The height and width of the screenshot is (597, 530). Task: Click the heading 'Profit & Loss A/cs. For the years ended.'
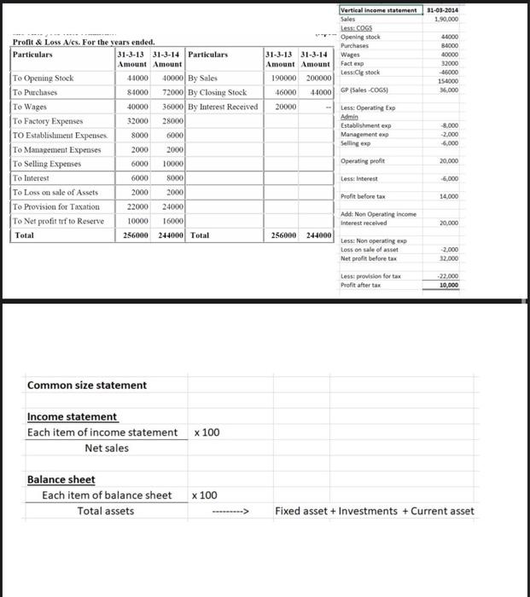pyautogui.click(x=83, y=42)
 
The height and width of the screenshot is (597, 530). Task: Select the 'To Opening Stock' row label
pyautogui.click(x=44, y=78)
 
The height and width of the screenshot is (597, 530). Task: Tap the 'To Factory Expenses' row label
pyautogui.click(x=48, y=121)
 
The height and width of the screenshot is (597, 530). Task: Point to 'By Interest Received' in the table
pyautogui.click(x=222, y=107)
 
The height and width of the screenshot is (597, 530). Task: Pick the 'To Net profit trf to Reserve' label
pyautogui.click(x=56, y=221)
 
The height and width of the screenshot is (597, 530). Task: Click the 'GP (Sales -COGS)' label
pyautogui.click(x=368, y=90)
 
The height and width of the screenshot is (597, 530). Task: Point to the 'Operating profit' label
pyautogui.click(x=363, y=160)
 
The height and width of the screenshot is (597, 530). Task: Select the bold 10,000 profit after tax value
pyautogui.click(x=447, y=262)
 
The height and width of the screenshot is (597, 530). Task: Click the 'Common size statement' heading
pyautogui.click(x=87, y=385)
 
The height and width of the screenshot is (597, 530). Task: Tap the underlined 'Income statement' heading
pyautogui.click(x=73, y=416)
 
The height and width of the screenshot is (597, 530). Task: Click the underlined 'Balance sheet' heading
pyautogui.click(x=61, y=479)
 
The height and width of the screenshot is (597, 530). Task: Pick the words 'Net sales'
pyautogui.click(x=108, y=448)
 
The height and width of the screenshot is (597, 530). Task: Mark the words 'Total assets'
pyautogui.click(x=106, y=511)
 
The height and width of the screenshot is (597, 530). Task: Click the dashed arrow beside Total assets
pyautogui.click(x=229, y=512)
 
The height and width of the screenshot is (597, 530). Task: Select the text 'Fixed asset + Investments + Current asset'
pyautogui.click(x=374, y=511)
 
